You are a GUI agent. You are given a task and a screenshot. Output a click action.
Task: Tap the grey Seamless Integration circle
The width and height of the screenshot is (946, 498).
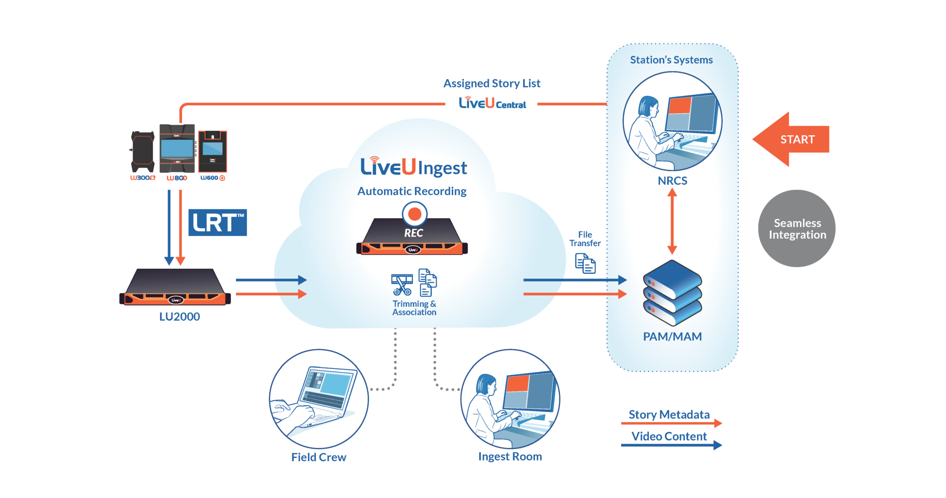coord(797,229)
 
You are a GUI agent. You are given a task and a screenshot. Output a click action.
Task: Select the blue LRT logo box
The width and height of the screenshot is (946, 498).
coord(218,223)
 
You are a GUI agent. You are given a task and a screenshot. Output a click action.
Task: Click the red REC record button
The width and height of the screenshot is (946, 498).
coord(414,214)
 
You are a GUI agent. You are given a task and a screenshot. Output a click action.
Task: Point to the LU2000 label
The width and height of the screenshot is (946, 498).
coord(179,317)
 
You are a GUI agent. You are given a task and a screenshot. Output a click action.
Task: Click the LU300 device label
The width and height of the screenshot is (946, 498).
coord(142,178)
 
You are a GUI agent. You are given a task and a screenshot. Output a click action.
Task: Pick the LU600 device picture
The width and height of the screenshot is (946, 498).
coord(212,152)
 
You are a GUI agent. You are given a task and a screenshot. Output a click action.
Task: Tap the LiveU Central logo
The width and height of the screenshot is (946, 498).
coord(492,103)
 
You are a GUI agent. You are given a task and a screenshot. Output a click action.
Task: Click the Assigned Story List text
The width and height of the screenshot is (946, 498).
coord(491,84)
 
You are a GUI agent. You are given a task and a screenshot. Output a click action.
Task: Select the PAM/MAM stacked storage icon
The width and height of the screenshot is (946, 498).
coord(672,292)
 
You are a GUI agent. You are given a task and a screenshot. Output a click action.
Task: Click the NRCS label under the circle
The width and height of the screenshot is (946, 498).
coord(672,181)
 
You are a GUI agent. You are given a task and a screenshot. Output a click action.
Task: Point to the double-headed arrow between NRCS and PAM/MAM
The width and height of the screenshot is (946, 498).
coord(672,222)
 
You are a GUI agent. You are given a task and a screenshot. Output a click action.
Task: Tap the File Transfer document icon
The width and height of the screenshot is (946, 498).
coord(585,264)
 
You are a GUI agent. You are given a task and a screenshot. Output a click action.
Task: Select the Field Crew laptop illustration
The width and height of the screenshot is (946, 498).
coord(319,399)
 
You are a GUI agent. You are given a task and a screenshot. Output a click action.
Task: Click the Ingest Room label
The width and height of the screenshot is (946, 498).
coord(510,457)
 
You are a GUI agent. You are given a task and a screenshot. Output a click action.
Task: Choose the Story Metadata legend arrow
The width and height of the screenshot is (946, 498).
coord(671,423)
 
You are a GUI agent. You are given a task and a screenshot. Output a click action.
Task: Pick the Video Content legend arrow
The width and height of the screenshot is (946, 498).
coord(671,445)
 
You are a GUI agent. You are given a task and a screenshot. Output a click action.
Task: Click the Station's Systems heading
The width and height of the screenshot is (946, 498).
coord(671,60)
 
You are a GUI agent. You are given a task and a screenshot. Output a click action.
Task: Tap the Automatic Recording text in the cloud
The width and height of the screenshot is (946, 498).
coord(412,191)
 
